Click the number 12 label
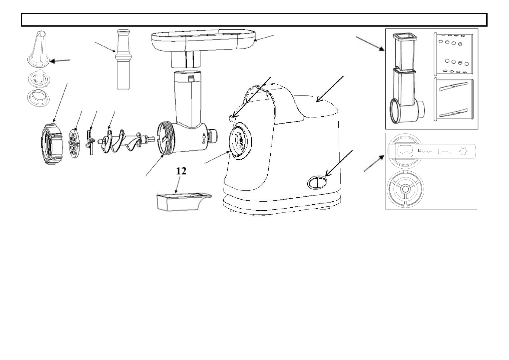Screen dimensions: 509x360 (181, 171)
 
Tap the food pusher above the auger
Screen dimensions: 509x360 (123, 60)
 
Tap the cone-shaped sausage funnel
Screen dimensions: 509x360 (38, 48)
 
